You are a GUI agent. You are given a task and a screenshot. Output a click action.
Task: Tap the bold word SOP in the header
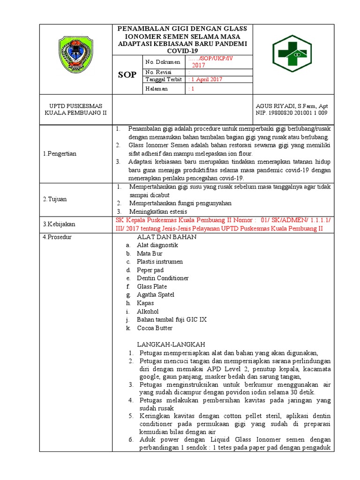pyautogui.click(x=127, y=75)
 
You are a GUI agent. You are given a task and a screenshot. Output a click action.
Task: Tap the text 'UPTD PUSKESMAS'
pyautogui.click(x=75, y=106)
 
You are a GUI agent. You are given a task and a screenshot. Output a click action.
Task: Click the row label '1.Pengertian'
pyautogui.click(x=60, y=153)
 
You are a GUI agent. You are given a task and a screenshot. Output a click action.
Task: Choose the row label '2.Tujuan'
pyautogui.click(x=55, y=199)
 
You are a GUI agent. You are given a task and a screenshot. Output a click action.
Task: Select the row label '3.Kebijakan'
pyautogui.click(x=59, y=224)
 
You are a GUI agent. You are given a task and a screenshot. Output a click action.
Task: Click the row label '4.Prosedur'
pyautogui.click(x=57, y=237)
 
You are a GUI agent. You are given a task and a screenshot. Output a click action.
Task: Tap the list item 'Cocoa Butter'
pyautogui.click(x=155, y=328)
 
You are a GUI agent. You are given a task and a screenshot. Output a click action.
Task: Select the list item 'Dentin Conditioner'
pyautogui.click(x=163, y=278)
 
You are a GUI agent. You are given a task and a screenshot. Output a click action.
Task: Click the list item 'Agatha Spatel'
pyautogui.click(x=155, y=295)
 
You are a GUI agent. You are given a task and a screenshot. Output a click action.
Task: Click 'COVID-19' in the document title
pyautogui.click(x=185, y=50)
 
